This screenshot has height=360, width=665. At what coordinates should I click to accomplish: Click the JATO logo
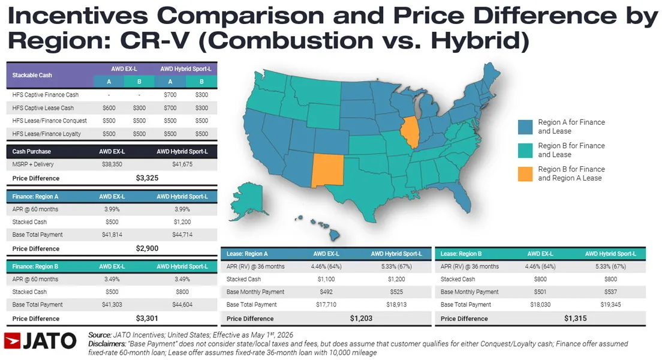click(40, 341)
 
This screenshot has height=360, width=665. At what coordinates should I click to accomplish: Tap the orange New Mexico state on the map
click(327, 170)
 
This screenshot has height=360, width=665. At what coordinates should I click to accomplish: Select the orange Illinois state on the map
click(410, 131)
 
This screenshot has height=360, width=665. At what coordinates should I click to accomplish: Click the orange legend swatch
click(525, 174)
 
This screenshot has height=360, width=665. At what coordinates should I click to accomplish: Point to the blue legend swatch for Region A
click(525, 127)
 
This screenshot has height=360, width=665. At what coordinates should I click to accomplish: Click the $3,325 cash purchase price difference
click(147, 178)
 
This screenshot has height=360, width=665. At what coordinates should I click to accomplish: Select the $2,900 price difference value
click(147, 248)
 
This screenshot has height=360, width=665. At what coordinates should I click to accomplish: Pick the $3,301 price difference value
click(147, 319)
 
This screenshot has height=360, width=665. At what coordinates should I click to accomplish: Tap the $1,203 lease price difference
click(362, 319)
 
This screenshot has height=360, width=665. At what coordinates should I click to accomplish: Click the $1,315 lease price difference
click(576, 319)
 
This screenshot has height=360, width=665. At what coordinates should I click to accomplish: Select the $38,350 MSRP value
click(112, 164)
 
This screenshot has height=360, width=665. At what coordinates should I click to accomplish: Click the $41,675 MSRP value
click(182, 164)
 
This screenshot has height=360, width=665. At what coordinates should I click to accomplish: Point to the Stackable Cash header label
click(32, 75)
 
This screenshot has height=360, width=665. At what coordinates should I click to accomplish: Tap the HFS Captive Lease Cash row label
click(43, 108)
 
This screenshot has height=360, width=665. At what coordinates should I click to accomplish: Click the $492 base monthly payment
click(326, 292)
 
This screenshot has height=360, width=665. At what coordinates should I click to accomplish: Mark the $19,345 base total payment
click(610, 305)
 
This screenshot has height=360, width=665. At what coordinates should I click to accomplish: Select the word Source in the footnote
click(100, 335)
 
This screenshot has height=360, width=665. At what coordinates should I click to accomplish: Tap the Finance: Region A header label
click(35, 197)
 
